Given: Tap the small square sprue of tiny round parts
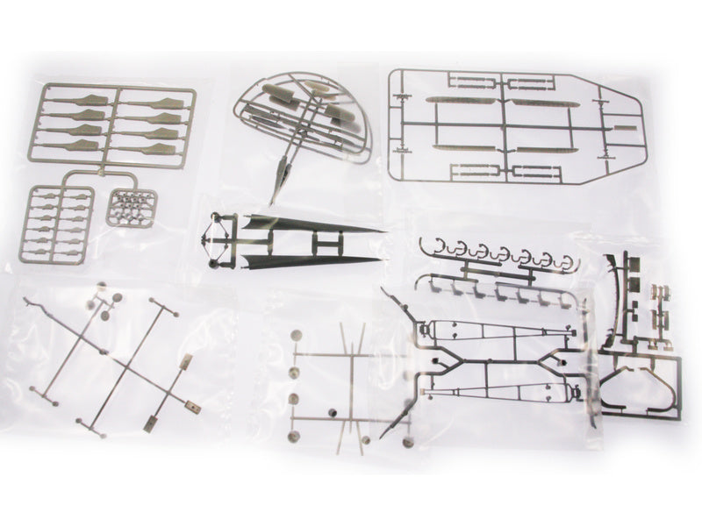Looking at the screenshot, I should click(133, 208).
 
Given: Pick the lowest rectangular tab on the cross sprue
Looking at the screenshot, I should click(150, 425).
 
